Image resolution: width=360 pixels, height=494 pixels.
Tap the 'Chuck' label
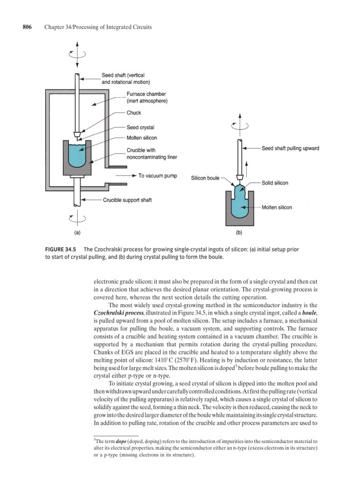point(133,113)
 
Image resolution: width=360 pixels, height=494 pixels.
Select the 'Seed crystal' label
point(140,128)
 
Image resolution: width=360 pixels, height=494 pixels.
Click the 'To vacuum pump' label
point(158,176)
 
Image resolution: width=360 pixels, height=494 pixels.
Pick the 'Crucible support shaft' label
point(128,200)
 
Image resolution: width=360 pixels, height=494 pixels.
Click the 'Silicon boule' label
point(205,178)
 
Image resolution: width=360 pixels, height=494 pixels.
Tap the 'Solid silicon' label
point(275,183)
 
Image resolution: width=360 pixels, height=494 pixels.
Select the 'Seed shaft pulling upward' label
point(290,148)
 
